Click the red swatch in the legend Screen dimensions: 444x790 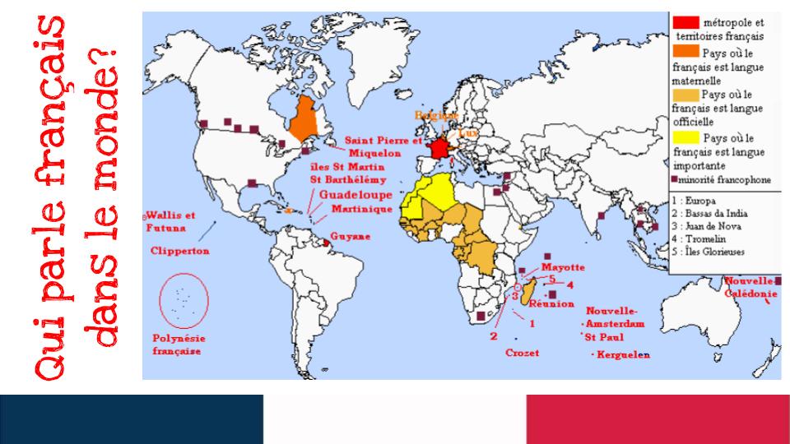pyautogui.click(x=685, y=21)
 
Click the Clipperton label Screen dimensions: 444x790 pyautogui.click(x=180, y=250)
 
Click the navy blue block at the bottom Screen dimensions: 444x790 pyautogui.click(x=132, y=419)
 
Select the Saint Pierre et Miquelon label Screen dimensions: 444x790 pyautogui.click(x=383, y=146)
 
